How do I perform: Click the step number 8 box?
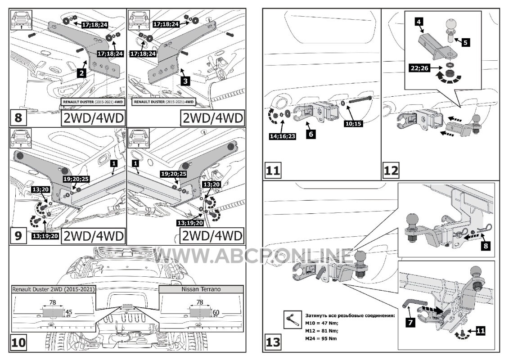[x=18, y=118]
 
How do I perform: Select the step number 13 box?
[x=273, y=342]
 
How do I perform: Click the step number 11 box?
[x=273, y=171]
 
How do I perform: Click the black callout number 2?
[x=81, y=72]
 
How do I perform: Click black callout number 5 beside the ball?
[x=465, y=43]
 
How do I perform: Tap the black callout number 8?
[x=484, y=245]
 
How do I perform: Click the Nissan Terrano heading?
[x=201, y=289]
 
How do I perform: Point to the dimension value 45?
[x=69, y=311]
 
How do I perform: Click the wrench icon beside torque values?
[x=291, y=319]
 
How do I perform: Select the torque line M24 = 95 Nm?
[x=321, y=338]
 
